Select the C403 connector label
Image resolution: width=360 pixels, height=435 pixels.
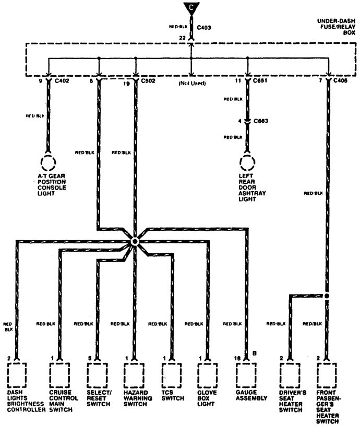tap(205, 28)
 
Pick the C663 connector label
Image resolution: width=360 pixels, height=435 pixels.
tap(261, 121)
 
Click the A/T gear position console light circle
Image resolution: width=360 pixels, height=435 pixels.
tap(49, 162)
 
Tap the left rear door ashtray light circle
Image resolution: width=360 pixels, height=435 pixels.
tap(247, 162)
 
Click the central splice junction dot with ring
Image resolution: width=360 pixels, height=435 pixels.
tap(135, 241)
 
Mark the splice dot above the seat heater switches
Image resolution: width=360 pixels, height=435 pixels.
tap(327, 296)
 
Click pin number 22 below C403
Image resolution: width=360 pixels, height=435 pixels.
tap(182, 38)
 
